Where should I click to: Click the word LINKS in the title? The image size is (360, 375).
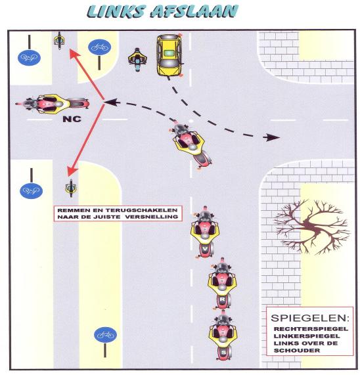[116, 11]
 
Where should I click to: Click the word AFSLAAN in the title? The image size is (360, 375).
[194, 11]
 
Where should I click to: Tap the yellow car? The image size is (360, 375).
[169, 55]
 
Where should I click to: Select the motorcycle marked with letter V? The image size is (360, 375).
[204, 232]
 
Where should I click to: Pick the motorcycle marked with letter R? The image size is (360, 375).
[222, 284]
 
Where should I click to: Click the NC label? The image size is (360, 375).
[72, 119]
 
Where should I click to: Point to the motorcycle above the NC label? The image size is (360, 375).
[52, 104]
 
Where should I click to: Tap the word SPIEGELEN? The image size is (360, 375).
[309, 318]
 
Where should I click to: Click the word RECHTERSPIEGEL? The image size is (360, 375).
[311, 329]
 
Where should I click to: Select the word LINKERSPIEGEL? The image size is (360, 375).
[307, 336]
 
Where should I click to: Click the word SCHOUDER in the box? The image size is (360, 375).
[297, 351]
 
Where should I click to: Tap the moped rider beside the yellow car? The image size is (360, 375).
[137, 59]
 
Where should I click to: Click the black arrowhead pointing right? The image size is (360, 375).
[271, 137]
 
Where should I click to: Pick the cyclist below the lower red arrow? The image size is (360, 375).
[71, 188]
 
